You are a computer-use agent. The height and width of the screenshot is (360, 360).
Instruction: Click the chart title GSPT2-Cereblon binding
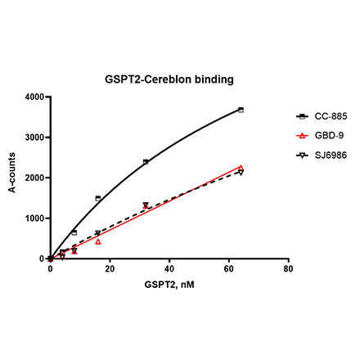169,80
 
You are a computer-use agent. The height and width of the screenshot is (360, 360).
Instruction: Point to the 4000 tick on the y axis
35,97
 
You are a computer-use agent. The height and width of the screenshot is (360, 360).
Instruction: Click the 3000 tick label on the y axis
35,137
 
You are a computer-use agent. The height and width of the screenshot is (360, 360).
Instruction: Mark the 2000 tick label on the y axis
35,178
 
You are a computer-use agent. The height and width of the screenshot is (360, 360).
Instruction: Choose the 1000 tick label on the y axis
35,218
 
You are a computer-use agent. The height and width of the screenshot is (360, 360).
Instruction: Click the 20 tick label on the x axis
110,268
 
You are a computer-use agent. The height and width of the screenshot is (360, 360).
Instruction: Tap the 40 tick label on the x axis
169,268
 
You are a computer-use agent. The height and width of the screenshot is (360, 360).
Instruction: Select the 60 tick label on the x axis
228,268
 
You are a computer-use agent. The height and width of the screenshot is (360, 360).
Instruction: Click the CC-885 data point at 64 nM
241,110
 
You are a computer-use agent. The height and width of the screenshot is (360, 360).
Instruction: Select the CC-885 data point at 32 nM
146,162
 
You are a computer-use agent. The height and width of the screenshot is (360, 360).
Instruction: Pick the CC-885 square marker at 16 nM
98,198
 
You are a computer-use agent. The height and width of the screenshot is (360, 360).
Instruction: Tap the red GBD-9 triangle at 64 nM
241,168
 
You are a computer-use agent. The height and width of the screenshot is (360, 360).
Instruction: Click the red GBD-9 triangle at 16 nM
98,241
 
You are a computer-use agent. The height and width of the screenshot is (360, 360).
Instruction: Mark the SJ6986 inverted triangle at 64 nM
241,173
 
